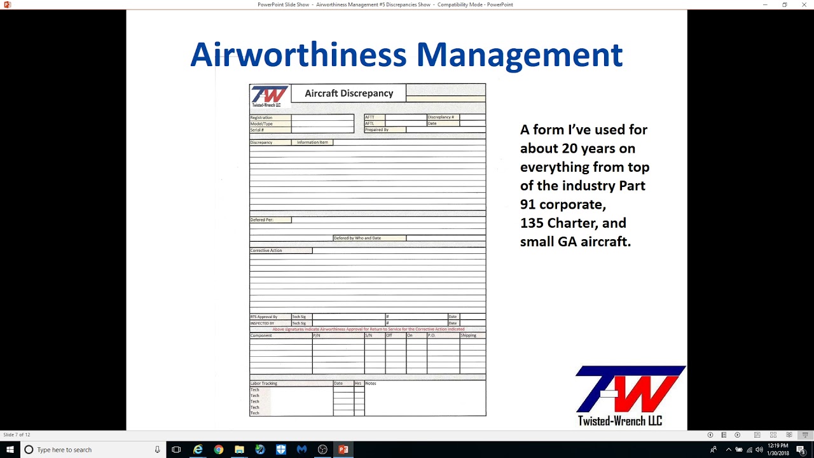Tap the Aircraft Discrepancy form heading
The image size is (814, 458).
click(x=348, y=94)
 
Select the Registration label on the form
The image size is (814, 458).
click(x=261, y=118)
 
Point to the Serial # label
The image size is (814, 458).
click(x=257, y=130)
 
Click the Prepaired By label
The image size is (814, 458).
click(x=377, y=130)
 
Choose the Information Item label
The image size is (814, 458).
click(x=312, y=142)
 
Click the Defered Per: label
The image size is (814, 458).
click(x=262, y=220)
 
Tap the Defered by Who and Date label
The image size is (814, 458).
click(x=357, y=238)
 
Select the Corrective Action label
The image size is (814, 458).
click(x=266, y=251)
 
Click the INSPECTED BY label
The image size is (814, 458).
click(x=263, y=323)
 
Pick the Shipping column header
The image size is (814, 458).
click(x=469, y=335)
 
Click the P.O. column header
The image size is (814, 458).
click(x=431, y=335)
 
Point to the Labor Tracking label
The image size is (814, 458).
click(x=264, y=384)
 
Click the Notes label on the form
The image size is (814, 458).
click(x=371, y=384)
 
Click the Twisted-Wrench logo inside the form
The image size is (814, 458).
click(x=270, y=96)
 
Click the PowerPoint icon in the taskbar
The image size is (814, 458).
click(x=343, y=450)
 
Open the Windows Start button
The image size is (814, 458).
click(x=10, y=450)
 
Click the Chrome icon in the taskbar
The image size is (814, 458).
click(x=219, y=450)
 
